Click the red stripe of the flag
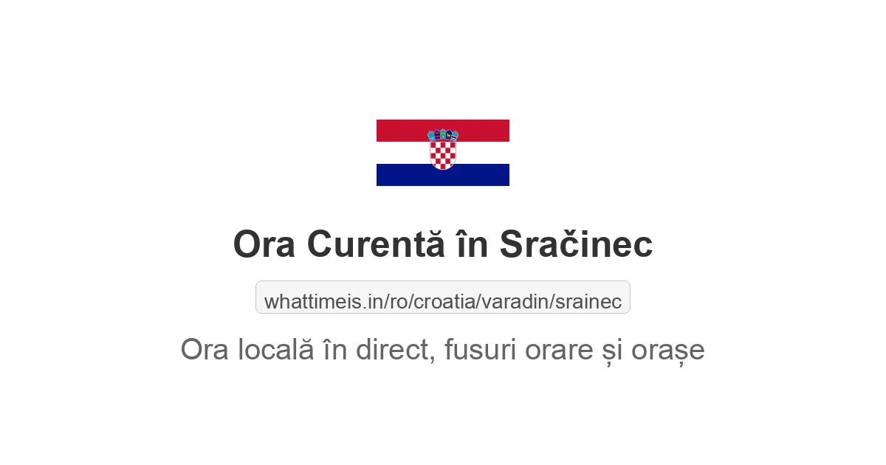tap(399, 130)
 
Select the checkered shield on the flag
tap(443, 154)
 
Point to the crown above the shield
tap(443, 135)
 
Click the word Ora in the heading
tap(264, 244)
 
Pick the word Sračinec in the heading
tap(576, 244)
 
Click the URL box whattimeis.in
tap(443, 297)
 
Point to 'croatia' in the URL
tap(445, 302)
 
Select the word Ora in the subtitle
tap(206, 350)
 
